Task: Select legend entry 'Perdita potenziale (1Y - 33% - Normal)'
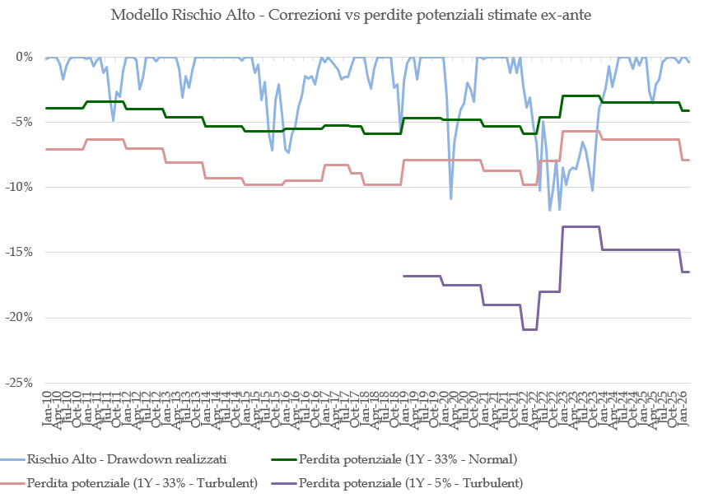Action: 408,458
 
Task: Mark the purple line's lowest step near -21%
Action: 529,329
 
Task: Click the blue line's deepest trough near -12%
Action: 550,210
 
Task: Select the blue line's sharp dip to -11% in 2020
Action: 450,198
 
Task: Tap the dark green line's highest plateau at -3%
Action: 580,95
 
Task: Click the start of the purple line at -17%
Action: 403,276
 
